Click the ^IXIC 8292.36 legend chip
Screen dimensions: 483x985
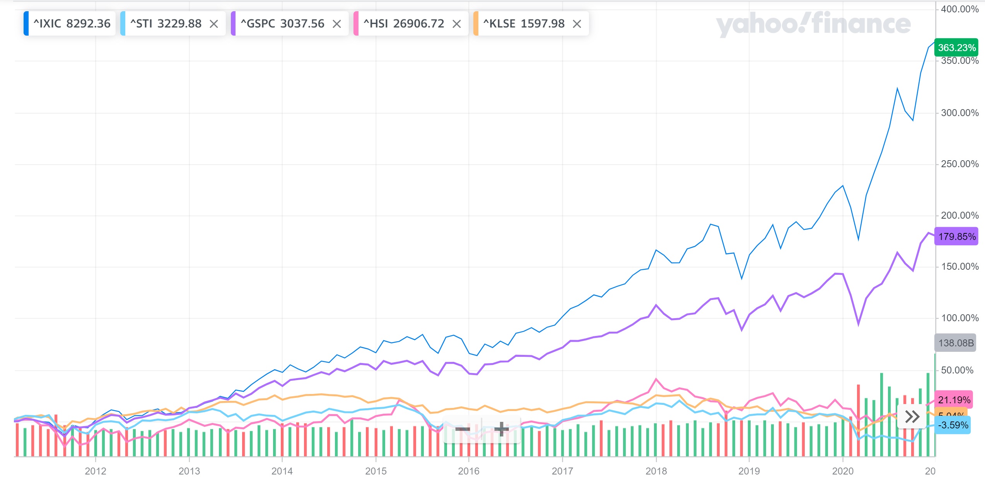70,24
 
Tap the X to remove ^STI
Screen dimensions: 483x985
214,24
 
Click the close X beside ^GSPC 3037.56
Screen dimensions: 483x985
337,24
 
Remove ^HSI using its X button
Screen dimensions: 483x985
457,24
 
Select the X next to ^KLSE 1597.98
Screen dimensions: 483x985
577,24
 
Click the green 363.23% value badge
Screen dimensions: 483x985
956,48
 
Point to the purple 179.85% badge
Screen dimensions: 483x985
956,236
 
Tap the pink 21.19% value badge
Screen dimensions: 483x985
954,400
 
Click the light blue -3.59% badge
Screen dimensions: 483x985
953,425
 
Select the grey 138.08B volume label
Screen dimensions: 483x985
956,343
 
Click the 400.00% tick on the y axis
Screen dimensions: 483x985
959,9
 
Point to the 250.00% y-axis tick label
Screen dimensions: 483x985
959,164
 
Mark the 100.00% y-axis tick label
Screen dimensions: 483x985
959,318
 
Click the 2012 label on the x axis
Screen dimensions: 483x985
96,471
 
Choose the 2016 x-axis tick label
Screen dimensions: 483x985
469,471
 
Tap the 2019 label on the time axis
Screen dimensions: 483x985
749,471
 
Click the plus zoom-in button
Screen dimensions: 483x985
502,429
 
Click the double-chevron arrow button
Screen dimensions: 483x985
912,417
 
